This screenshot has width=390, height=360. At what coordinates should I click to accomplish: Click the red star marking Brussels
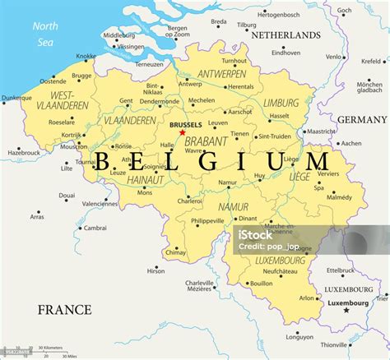coord(182,132)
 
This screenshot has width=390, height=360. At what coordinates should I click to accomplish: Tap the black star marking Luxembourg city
coord(346,310)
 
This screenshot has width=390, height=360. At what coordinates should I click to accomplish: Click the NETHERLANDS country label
coord(286,36)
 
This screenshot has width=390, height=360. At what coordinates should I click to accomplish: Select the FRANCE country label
coord(65,310)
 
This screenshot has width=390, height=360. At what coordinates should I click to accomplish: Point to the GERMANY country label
coord(362,120)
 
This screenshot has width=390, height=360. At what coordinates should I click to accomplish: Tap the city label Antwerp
coord(190,83)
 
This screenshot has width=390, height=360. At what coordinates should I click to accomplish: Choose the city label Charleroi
coord(191,200)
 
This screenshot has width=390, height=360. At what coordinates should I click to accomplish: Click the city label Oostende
coord(53,81)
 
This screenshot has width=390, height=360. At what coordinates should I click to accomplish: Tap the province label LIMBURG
coord(281,103)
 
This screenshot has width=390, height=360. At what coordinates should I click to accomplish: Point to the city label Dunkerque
coord(16,98)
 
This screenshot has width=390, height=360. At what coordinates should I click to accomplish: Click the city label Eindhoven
coord(286,53)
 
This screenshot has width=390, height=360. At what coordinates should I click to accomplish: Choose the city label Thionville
coord(334,344)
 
